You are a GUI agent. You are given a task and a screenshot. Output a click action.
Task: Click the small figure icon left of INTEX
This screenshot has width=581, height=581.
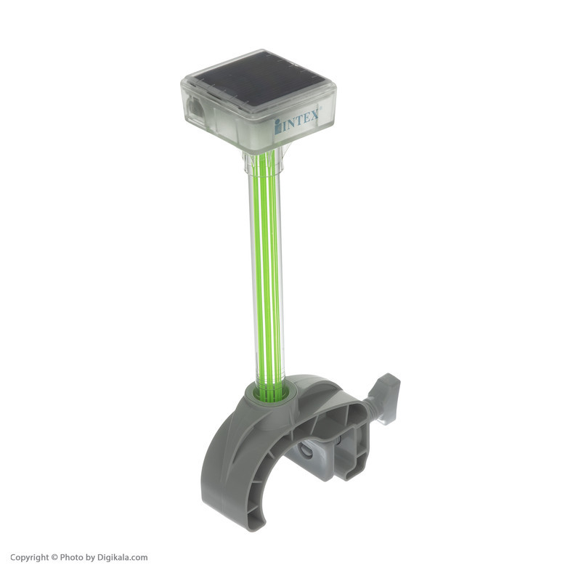pos(277,126)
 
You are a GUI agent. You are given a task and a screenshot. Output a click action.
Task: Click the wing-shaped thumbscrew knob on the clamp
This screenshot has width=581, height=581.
pos(388,398)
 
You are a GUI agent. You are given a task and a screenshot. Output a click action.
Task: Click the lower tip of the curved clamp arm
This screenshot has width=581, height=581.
pos(258,522)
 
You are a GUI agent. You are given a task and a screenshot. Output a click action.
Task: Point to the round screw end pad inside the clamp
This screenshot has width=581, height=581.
pos(306,450)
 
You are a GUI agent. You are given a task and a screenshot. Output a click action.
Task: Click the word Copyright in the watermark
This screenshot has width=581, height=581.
pos(29,557)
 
